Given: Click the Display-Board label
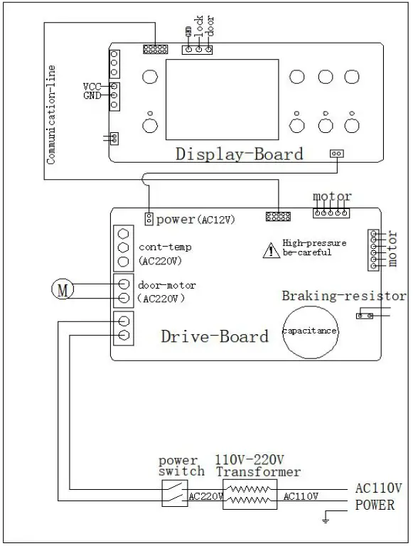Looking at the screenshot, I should (239, 154).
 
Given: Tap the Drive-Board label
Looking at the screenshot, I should (215, 336).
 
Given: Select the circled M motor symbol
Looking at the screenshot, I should (62, 289).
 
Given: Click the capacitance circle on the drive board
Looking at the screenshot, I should (310, 332).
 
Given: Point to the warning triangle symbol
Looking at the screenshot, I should (271, 250).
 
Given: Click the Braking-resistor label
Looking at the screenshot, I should (343, 296).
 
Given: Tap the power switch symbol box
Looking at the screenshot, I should (174, 492).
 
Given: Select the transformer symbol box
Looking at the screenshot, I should (249, 493).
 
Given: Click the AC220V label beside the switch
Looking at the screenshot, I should (205, 496).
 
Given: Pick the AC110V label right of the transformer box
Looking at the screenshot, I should (301, 496).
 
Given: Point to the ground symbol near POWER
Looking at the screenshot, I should (326, 520).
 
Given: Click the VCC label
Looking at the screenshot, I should (93, 86).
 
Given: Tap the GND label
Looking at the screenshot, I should (93, 95).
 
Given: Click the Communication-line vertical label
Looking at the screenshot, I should (51, 114).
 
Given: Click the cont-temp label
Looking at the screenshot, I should (165, 247).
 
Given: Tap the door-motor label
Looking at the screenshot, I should (167, 285).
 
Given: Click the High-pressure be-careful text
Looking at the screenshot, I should (314, 247).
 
